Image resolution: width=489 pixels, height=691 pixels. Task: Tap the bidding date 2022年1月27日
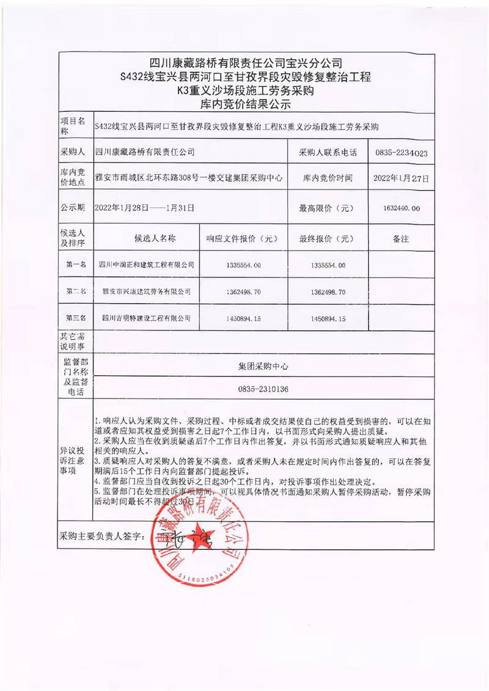tap(401, 179)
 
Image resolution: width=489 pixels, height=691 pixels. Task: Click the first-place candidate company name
tap(146, 265)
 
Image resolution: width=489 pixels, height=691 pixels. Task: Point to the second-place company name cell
tap(146, 291)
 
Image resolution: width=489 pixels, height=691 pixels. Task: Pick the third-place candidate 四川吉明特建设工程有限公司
tap(146, 318)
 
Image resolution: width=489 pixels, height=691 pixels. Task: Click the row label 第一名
tap(76, 265)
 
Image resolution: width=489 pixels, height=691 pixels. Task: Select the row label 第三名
tap(76, 318)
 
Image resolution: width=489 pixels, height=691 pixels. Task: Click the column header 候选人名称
tap(146, 238)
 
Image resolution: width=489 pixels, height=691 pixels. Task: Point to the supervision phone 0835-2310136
tap(263, 389)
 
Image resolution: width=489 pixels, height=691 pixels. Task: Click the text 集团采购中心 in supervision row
tap(263, 367)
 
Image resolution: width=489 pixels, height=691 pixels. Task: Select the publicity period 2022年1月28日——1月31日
tap(145, 208)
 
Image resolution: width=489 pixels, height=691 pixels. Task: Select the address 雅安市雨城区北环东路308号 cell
tap(189, 179)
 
